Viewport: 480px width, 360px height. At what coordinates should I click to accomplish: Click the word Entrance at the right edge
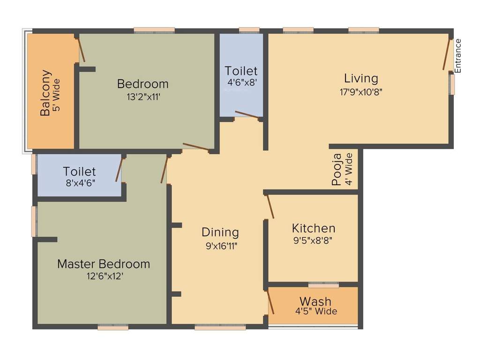[x=458, y=56]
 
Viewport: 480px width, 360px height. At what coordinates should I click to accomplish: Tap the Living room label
[x=361, y=78]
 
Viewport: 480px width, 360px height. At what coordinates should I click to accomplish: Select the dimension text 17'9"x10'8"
[x=361, y=92]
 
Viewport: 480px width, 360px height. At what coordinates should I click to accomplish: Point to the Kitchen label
[x=314, y=228]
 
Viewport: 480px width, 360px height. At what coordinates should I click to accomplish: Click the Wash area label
[x=315, y=301]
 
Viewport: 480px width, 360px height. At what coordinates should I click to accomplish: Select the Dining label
[x=220, y=232]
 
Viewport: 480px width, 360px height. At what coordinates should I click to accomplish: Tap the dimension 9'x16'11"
[x=220, y=246]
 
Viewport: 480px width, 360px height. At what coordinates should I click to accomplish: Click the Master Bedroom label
[x=104, y=264]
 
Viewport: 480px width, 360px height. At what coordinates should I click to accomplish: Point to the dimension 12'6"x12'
[x=104, y=277]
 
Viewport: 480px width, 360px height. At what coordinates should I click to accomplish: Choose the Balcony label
[x=45, y=93]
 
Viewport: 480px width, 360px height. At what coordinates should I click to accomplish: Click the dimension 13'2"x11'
[x=142, y=97]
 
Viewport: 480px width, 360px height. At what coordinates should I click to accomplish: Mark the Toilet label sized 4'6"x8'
[x=241, y=71]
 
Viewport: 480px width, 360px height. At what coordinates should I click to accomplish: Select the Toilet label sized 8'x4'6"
[x=80, y=172]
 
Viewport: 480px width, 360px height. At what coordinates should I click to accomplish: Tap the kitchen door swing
[x=270, y=207]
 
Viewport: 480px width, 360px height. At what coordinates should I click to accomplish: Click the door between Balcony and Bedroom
[x=82, y=50]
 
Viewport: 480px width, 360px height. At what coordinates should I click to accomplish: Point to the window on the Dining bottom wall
[x=220, y=328]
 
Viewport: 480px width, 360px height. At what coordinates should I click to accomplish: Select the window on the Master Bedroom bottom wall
[x=113, y=328]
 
